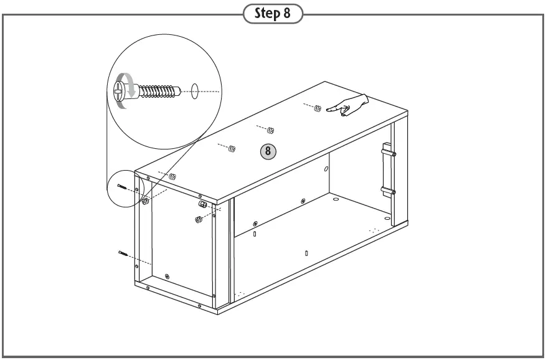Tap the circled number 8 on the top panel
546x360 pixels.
(268, 151)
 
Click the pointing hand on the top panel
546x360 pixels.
(349, 106)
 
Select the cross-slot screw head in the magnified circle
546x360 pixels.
(120, 92)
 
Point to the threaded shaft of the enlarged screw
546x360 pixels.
(157, 92)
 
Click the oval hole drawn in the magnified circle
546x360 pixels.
(195, 92)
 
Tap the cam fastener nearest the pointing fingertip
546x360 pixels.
(318, 108)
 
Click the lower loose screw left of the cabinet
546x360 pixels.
(123, 253)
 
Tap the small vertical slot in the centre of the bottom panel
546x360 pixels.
(307, 254)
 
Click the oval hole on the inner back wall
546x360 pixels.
(326, 169)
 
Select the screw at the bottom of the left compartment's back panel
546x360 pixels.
(166, 276)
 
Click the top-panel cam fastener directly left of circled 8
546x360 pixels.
(232, 148)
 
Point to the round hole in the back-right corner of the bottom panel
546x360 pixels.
(336, 200)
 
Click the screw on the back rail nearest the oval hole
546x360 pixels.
(303, 201)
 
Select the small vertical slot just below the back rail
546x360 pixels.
(255, 234)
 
